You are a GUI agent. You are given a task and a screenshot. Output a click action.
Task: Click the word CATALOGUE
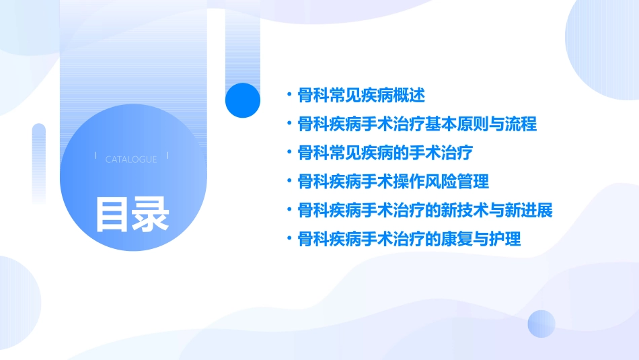pos(131,159)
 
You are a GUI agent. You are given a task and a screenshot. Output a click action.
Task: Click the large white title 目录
pos(131,213)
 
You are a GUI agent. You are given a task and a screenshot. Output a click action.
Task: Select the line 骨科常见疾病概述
pos(361,96)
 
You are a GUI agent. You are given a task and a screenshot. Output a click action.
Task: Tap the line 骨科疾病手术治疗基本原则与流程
pos(417,124)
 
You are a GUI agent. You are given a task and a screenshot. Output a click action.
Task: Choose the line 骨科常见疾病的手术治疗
pos(385,153)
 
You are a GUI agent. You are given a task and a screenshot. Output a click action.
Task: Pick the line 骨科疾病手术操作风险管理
pos(393,182)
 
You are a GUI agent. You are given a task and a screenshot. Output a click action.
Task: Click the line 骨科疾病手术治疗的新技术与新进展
pos(425,211)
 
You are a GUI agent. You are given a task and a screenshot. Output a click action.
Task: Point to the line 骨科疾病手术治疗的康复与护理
pos(409,239)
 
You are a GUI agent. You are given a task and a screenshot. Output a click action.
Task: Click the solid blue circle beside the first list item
pos(243,100)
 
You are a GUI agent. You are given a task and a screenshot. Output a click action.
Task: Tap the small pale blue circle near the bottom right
pos(541,324)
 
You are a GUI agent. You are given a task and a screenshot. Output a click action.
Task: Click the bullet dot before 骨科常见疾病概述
pos(289,96)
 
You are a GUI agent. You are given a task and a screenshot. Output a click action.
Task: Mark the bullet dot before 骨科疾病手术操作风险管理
pos(289,182)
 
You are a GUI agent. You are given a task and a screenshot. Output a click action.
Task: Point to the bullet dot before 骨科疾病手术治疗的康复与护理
pos(289,239)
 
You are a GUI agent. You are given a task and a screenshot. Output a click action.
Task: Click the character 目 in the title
pos(112,213)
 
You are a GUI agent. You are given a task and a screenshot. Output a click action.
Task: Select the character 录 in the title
pos(151,213)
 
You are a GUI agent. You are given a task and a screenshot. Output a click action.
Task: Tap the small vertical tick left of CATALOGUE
pos(96,155)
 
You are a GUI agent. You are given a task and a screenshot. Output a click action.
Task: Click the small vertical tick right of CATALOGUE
pos(167,155)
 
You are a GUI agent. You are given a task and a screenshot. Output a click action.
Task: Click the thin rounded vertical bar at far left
pos(39,161)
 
